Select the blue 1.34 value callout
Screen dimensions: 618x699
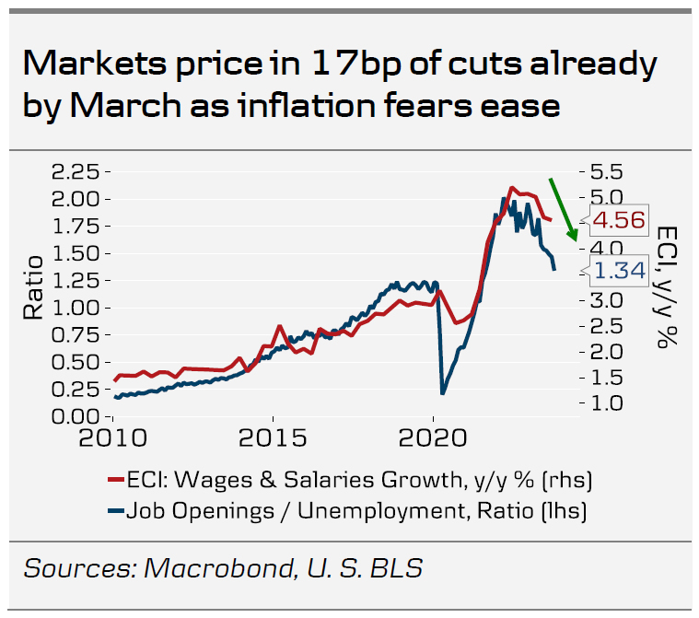(x=617, y=270)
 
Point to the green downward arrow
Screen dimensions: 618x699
(x=564, y=209)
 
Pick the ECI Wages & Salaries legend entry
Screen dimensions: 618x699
(x=359, y=480)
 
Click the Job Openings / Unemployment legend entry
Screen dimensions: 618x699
(x=359, y=508)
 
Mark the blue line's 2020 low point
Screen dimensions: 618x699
(x=443, y=393)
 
